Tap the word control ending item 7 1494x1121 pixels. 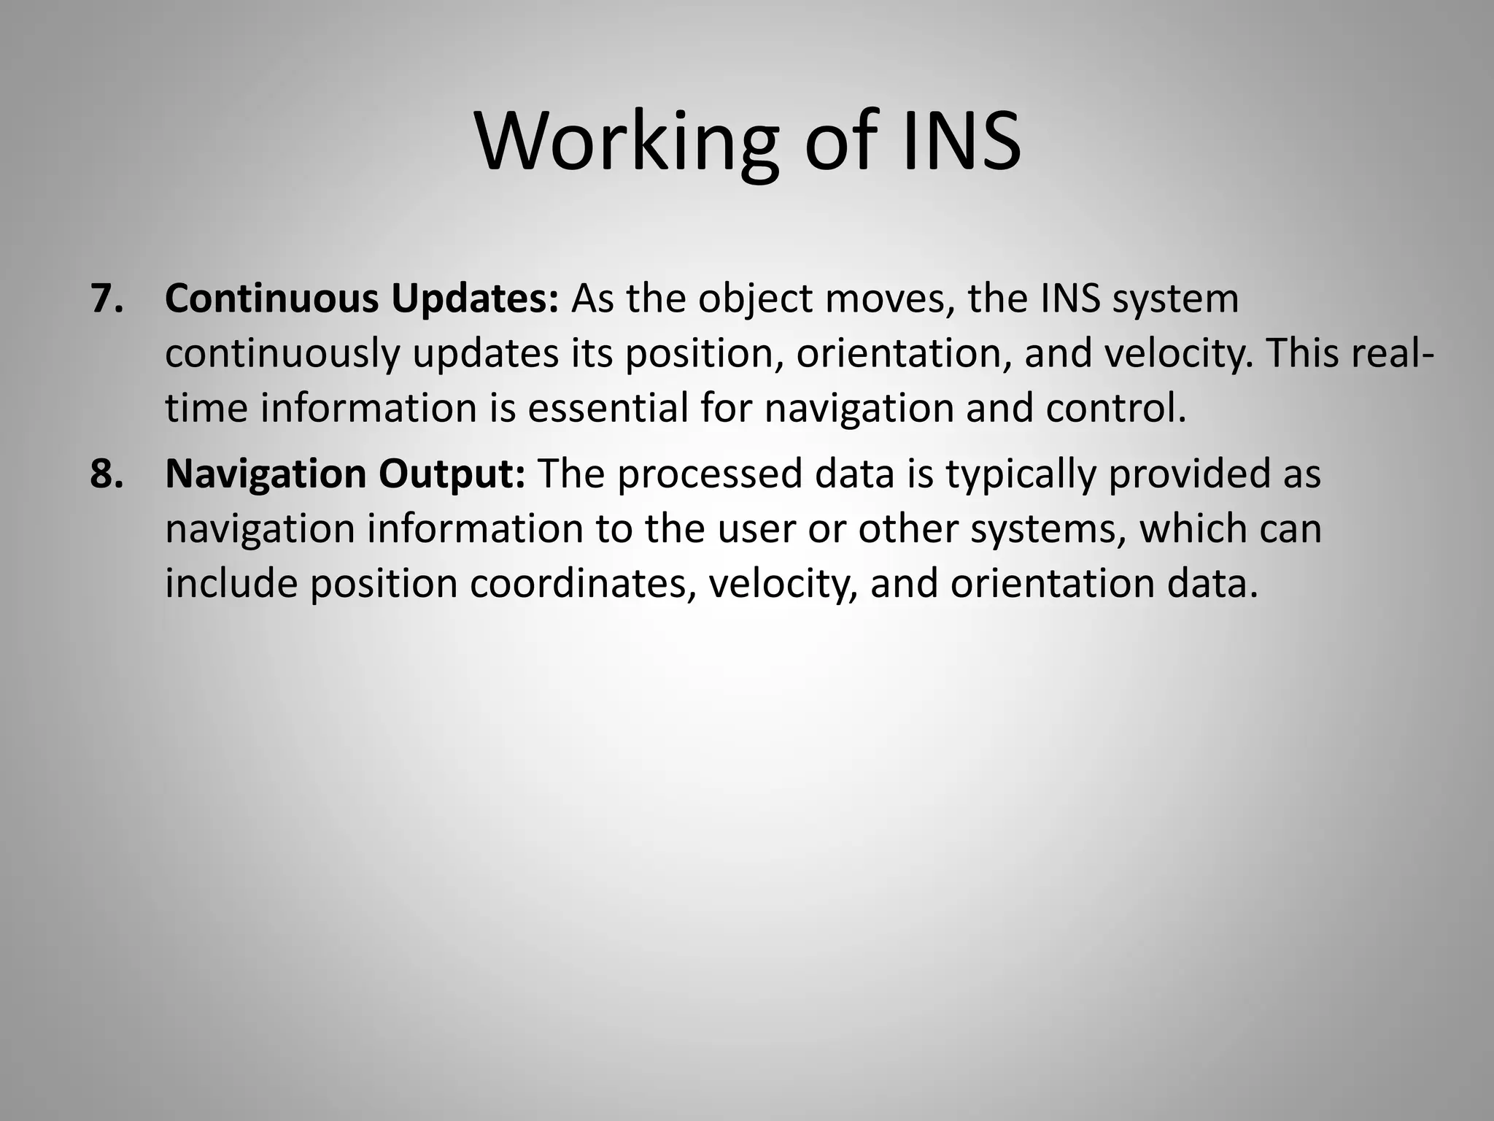[x=1115, y=408]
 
